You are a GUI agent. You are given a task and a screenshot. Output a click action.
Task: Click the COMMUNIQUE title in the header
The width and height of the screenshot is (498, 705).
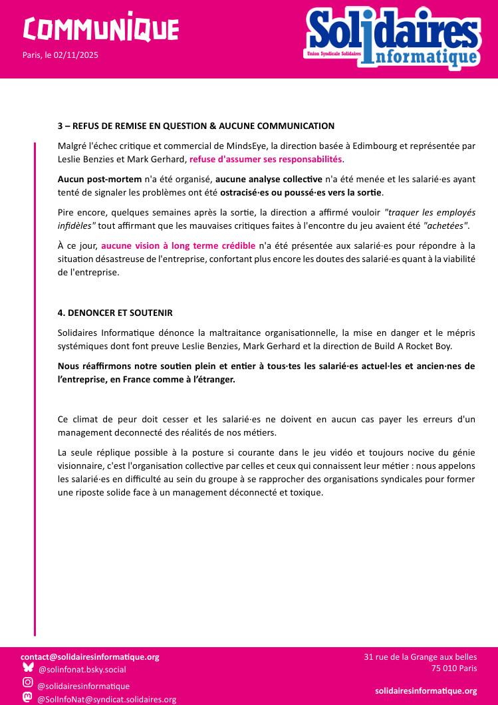[x=100, y=29]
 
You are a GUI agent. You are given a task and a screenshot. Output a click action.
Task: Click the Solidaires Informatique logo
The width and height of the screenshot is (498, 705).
[x=393, y=38]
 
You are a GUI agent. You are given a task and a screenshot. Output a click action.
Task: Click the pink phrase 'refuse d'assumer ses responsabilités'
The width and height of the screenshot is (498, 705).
[x=265, y=160]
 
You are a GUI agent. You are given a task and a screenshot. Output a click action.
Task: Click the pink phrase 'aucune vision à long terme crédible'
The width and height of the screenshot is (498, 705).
[x=178, y=246]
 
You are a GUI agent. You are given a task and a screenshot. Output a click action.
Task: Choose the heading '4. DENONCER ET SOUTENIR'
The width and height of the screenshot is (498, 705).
[x=115, y=313]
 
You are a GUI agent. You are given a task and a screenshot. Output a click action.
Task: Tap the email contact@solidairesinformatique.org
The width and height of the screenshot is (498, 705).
[x=90, y=657]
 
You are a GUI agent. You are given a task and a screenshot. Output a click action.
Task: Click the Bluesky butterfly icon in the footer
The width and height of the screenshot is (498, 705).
[x=28, y=668]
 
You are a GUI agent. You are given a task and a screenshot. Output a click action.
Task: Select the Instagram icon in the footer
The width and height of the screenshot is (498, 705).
[x=28, y=682]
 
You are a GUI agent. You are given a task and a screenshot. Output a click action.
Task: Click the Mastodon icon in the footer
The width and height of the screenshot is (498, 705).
[x=28, y=698]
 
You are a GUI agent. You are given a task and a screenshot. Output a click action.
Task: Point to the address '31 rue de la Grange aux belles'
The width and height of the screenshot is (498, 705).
[x=420, y=657]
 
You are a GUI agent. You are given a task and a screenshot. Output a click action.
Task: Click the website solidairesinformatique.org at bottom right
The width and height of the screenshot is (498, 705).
[x=426, y=691]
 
